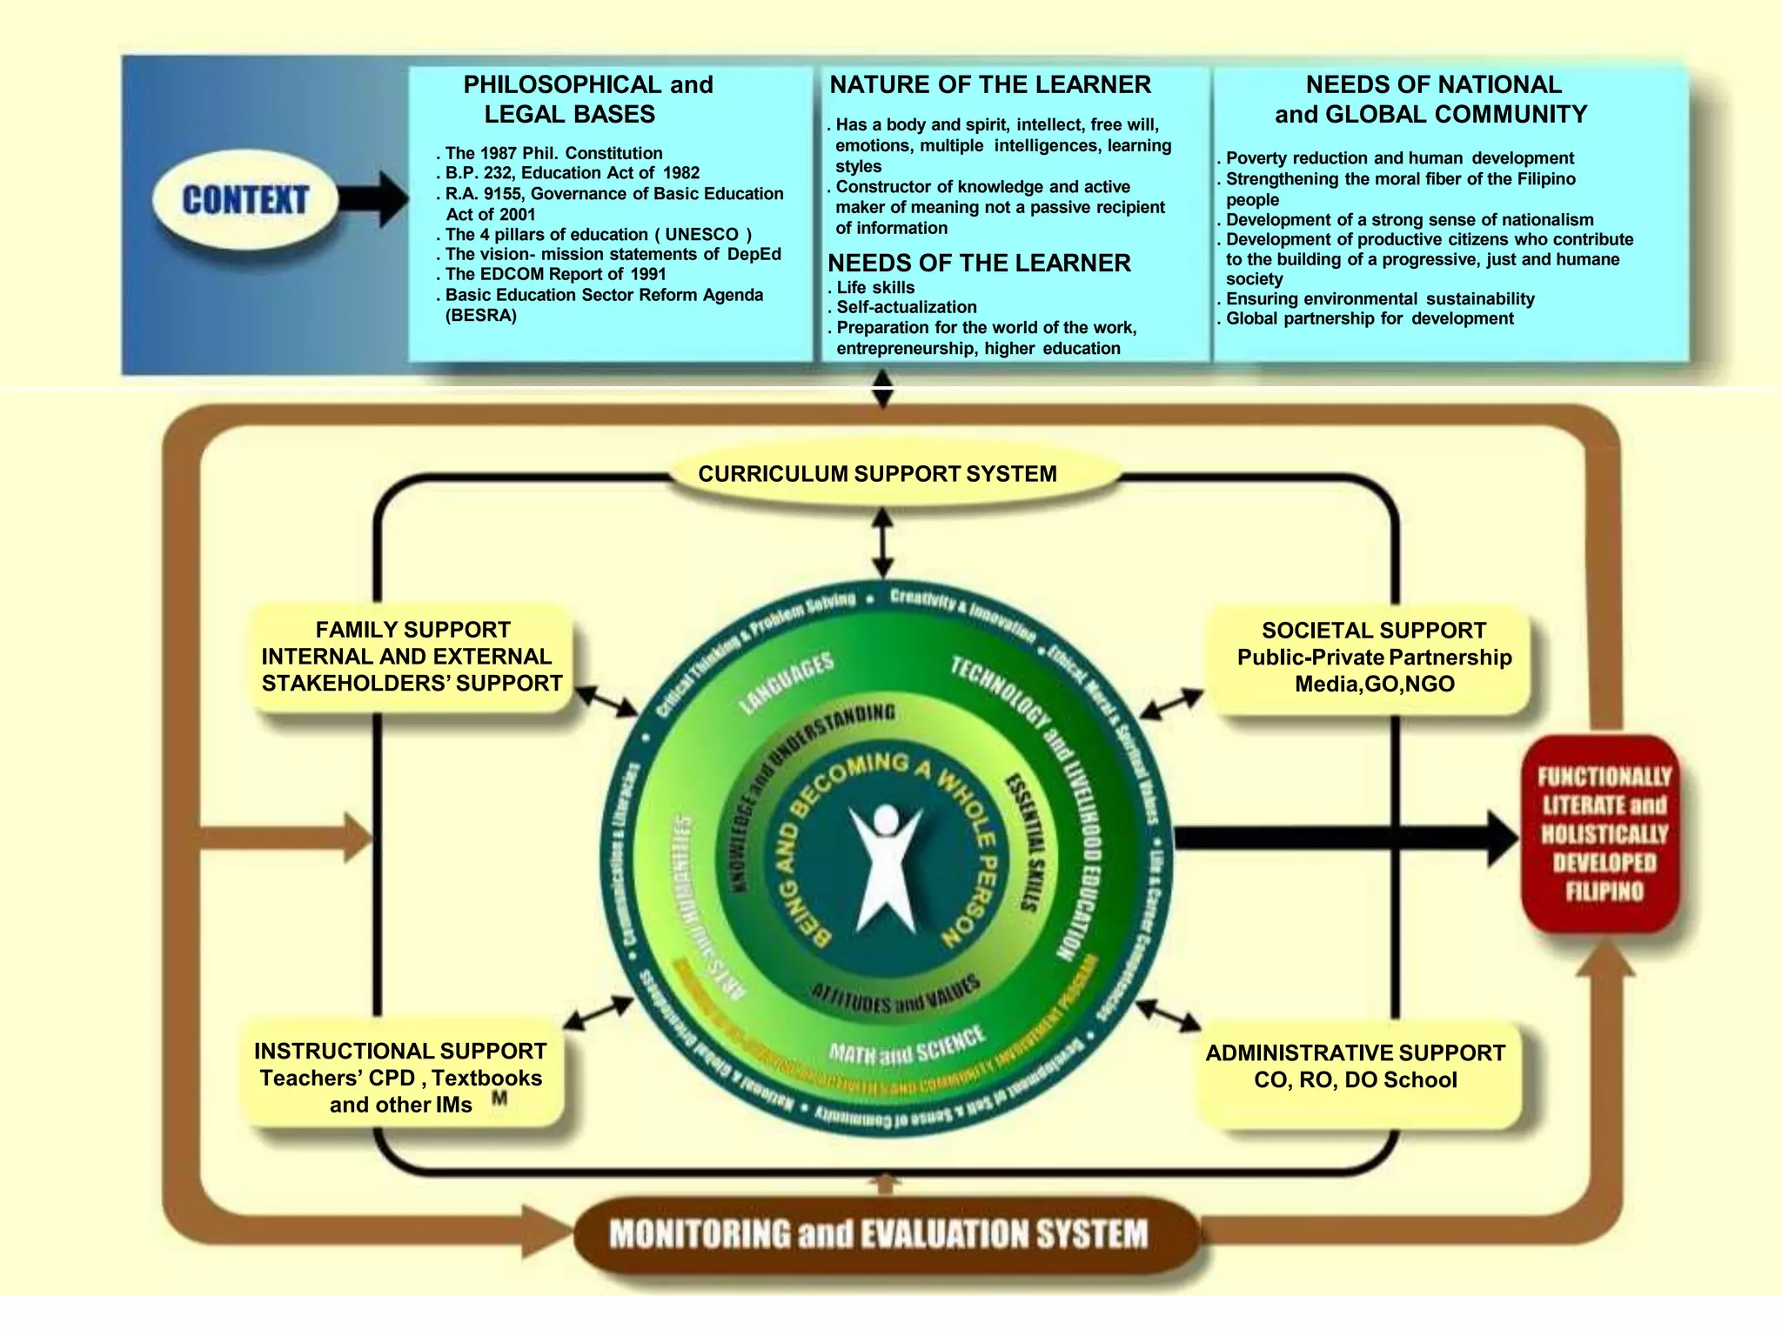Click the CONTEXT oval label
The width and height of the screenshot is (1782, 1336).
click(x=245, y=200)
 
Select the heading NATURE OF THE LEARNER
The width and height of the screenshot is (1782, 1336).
click(x=989, y=84)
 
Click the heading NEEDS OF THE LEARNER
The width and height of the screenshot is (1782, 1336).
click(x=979, y=263)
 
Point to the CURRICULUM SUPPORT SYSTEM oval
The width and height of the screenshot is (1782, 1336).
click(x=877, y=474)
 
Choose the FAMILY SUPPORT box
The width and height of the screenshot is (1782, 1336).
click(x=412, y=657)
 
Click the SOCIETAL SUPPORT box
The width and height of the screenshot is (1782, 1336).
click(x=1374, y=658)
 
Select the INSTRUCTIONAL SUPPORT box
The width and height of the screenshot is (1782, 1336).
click(x=401, y=1078)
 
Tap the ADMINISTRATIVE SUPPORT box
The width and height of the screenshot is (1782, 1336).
click(x=1355, y=1066)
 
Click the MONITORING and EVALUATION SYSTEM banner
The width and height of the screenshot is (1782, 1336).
click(x=879, y=1234)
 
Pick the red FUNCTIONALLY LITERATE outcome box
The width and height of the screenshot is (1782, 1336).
click(x=1604, y=833)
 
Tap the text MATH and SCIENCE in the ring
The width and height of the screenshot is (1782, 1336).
click(x=906, y=1046)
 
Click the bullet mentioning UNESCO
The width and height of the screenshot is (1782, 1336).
click(x=598, y=234)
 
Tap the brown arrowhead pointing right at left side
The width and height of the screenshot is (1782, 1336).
click(x=355, y=838)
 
